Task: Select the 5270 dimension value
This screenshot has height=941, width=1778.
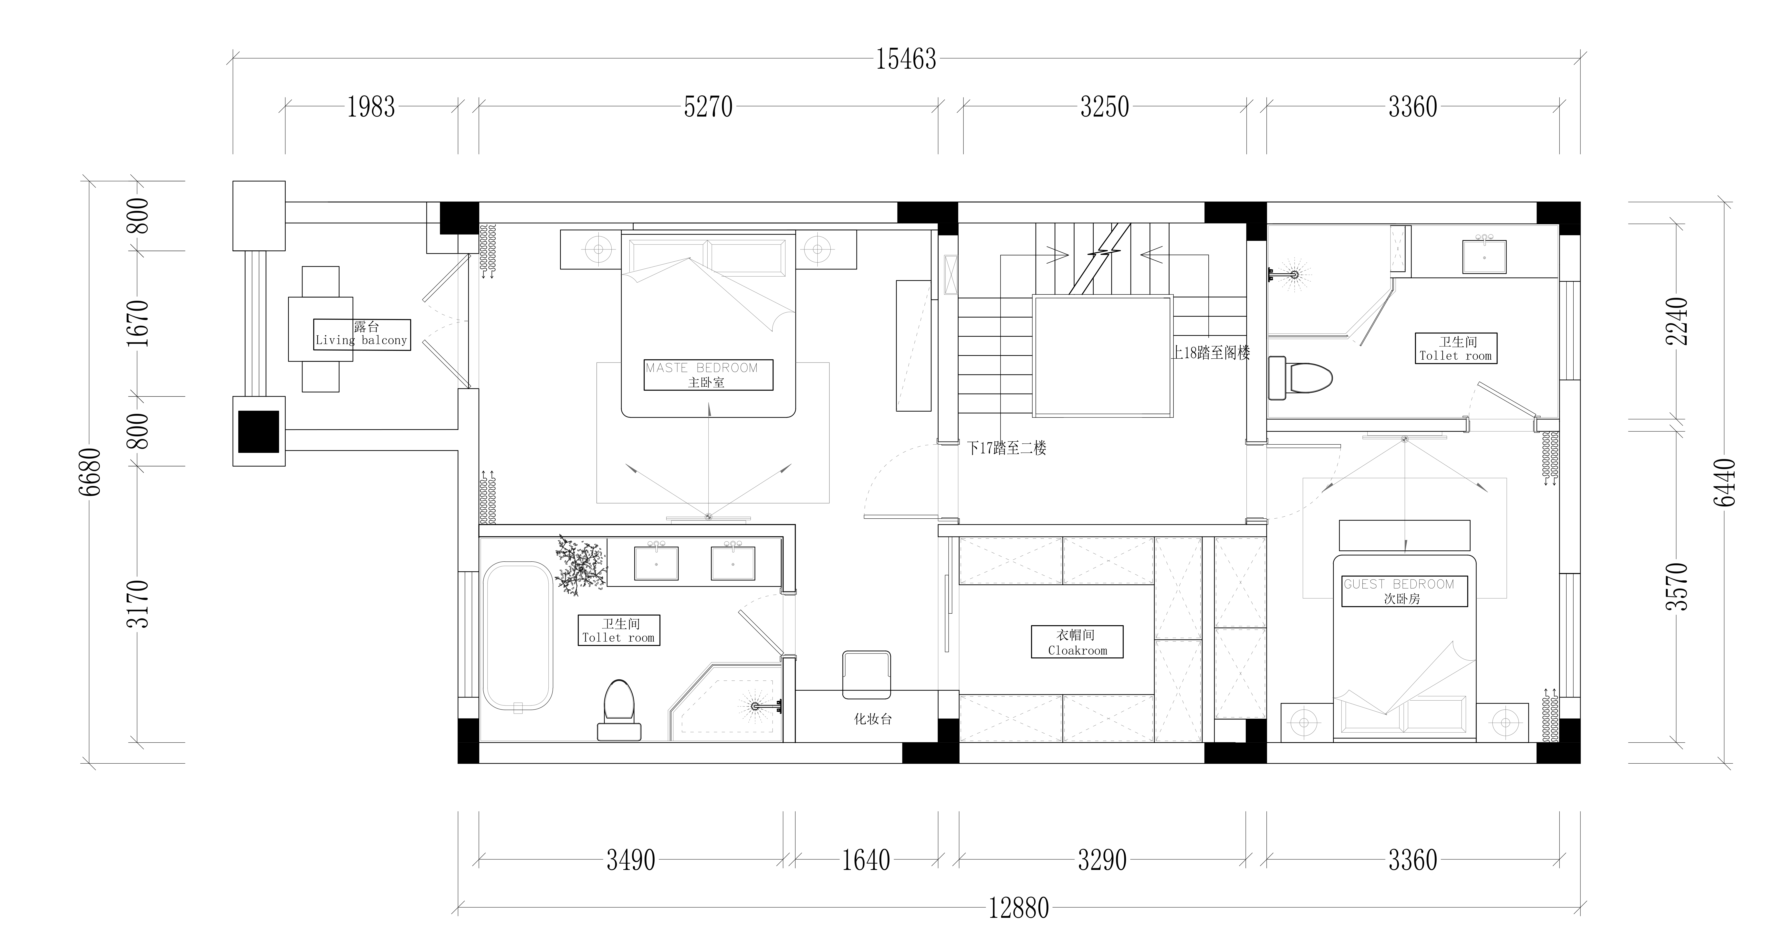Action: pyautogui.click(x=708, y=107)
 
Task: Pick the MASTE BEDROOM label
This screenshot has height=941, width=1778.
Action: pyautogui.click(x=702, y=368)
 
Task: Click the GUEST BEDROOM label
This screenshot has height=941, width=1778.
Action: pyautogui.click(x=1399, y=584)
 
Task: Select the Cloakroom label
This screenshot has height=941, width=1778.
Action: pyautogui.click(x=1077, y=650)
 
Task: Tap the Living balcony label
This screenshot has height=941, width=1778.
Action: pyautogui.click(x=362, y=340)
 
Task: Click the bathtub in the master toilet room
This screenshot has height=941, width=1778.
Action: pyautogui.click(x=518, y=637)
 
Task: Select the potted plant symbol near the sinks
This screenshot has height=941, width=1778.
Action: pyautogui.click(x=581, y=565)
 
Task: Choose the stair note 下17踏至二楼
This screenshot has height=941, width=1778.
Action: pyautogui.click(x=1007, y=448)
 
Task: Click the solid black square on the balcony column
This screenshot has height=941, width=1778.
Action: pyautogui.click(x=259, y=431)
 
